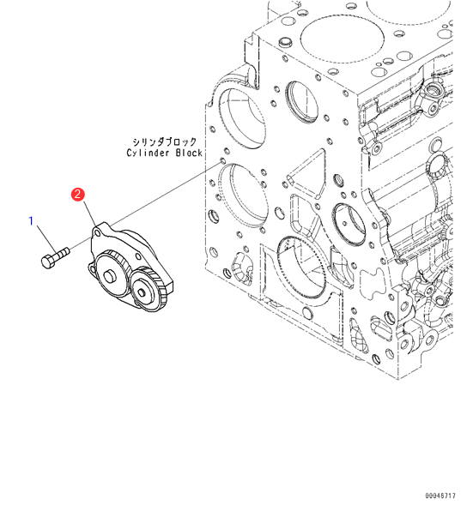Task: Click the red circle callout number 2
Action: click(78, 195)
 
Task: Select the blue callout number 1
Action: click(31, 221)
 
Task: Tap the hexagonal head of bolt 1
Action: click(48, 262)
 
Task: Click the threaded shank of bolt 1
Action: click(63, 253)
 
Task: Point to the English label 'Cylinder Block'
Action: click(165, 153)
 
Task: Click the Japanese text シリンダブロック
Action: click(165, 141)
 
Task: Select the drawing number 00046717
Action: click(440, 496)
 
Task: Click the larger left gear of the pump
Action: click(112, 273)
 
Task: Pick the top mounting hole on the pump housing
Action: click(97, 231)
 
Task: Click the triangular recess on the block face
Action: click(306, 175)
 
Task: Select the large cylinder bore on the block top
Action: click(343, 39)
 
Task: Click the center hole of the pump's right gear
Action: click(142, 292)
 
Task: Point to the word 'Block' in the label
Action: click(189, 153)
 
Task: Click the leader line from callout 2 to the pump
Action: click(89, 213)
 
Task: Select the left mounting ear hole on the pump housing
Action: click(93, 268)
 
